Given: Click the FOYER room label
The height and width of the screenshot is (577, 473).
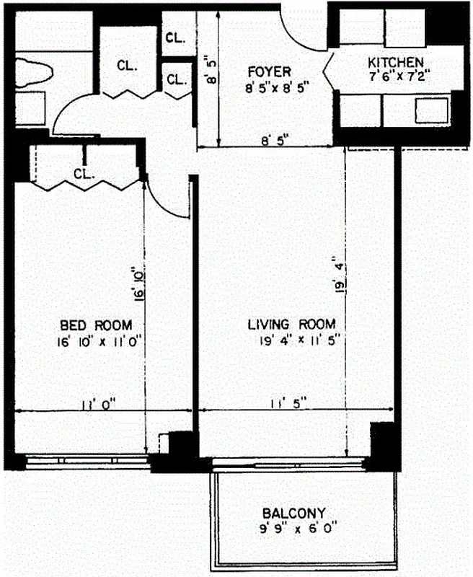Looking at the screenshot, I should pos(268,71).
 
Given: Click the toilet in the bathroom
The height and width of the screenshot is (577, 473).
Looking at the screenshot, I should pos(33,72).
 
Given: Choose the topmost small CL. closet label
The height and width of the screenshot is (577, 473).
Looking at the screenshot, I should pos(174,37).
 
